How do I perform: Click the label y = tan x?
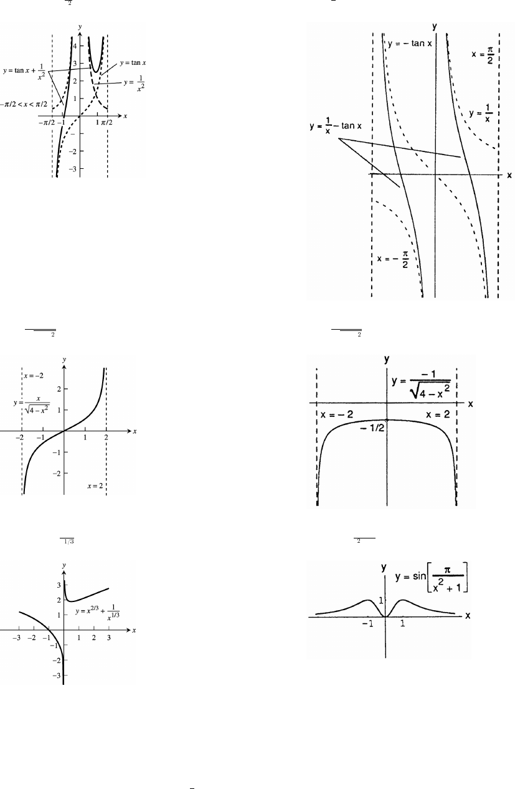point(129,63)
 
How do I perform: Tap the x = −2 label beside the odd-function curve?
point(35,376)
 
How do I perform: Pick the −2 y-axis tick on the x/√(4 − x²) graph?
point(55,473)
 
